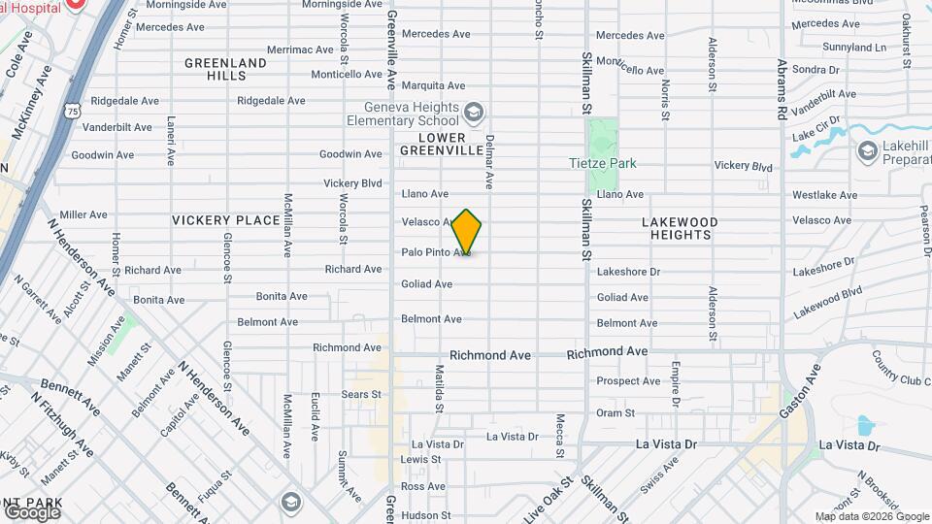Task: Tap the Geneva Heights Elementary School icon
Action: pyautogui.click(x=473, y=113)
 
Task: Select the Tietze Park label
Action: pyautogui.click(x=602, y=163)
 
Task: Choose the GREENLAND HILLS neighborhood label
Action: pyautogui.click(x=225, y=69)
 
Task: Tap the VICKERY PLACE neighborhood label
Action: pyautogui.click(x=225, y=220)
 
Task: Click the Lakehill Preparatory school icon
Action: pyautogui.click(x=867, y=150)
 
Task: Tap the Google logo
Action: pyautogui.click(x=32, y=511)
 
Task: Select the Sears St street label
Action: pyautogui.click(x=361, y=394)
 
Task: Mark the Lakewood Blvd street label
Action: pyautogui.click(x=827, y=302)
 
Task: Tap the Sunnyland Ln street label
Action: pyautogui.click(x=854, y=47)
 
